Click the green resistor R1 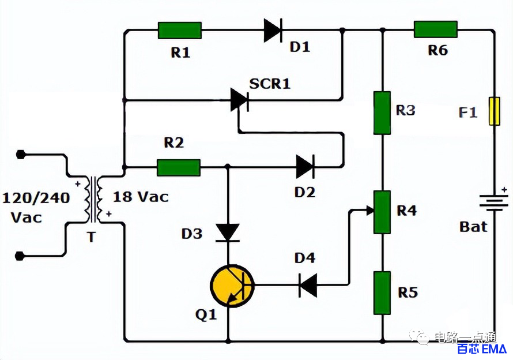pyautogui.click(x=180, y=31)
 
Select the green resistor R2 pyautogui.click(x=179, y=168)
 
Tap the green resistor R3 pyautogui.click(x=382, y=113)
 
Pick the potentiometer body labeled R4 pyautogui.click(x=382, y=212)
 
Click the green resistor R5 pyautogui.click(x=382, y=293)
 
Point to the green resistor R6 pyautogui.click(x=436, y=29)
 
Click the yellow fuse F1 pyautogui.click(x=495, y=111)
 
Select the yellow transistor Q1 pyautogui.click(x=232, y=286)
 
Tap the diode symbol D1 pyautogui.click(x=273, y=31)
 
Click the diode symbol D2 pyautogui.click(x=305, y=167)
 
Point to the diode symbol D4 pyautogui.click(x=308, y=286)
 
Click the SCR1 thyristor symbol pyautogui.click(x=239, y=100)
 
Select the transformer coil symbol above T pyautogui.click(x=93, y=200)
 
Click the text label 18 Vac pyautogui.click(x=141, y=197)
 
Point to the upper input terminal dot pyautogui.click(x=21, y=154)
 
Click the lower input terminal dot pyautogui.click(x=20, y=256)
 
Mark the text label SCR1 pyautogui.click(x=270, y=84)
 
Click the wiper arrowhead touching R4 pyautogui.click(x=370, y=211)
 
